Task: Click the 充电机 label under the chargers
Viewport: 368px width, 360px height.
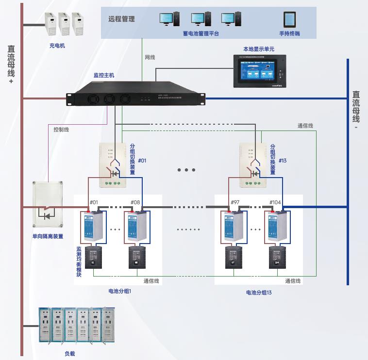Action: point(57,46)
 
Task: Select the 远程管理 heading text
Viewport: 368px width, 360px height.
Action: point(121,19)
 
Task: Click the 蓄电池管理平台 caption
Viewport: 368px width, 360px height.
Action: point(201,33)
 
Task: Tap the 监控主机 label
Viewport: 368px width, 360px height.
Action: point(104,75)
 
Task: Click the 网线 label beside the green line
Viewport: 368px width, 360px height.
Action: point(150,57)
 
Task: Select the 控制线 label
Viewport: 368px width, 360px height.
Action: point(61,130)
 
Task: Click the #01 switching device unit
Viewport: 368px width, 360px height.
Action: point(113,165)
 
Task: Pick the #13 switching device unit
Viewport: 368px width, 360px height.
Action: point(252,165)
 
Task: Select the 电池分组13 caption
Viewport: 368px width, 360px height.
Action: point(259,293)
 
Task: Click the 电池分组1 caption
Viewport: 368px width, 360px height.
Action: point(120,291)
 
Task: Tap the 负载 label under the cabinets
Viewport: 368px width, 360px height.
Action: point(70,354)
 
